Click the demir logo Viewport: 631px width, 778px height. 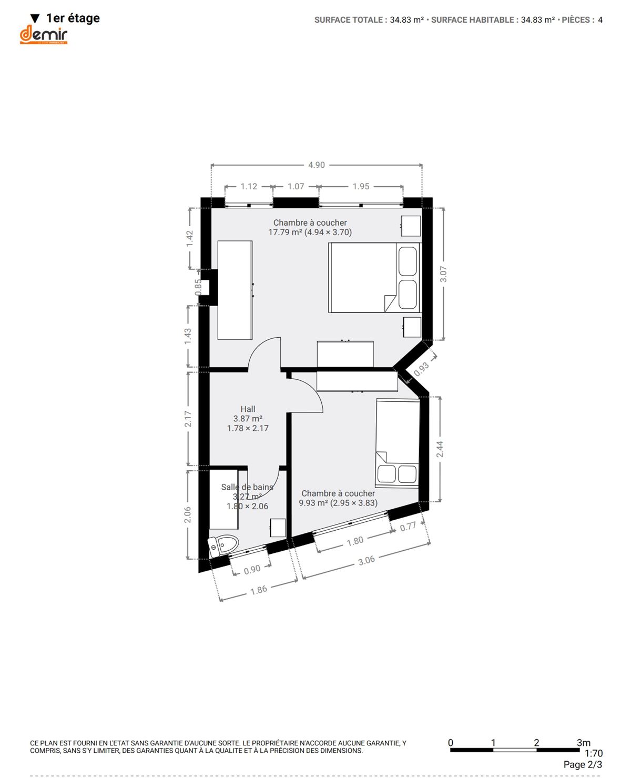pyautogui.click(x=44, y=35)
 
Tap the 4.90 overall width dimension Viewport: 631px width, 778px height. pyautogui.click(x=316, y=165)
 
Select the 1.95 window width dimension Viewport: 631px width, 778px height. pyautogui.click(x=361, y=186)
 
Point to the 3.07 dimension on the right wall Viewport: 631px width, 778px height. pyautogui.click(x=443, y=274)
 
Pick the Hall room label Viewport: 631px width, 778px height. pyautogui.click(x=248, y=409)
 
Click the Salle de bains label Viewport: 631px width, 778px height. pyautogui.click(x=247, y=487)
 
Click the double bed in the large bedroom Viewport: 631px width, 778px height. pyautogui.click(x=374, y=278)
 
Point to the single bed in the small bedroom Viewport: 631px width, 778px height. pyautogui.click(x=398, y=443)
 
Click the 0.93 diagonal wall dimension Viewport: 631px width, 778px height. pyautogui.click(x=421, y=369)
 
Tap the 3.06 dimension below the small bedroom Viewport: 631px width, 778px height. pyautogui.click(x=367, y=560)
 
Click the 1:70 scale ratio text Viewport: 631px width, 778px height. pyautogui.click(x=593, y=753)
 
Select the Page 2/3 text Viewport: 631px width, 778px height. pyautogui.click(x=583, y=764)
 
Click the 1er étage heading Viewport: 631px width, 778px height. pyautogui.click(x=73, y=18)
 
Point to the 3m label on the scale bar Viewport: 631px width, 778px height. pyautogui.click(x=584, y=743)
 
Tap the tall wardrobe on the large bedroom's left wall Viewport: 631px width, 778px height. pyautogui.click(x=235, y=290)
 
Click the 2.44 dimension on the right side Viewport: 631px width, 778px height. pyautogui.click(x=440, y=449)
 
